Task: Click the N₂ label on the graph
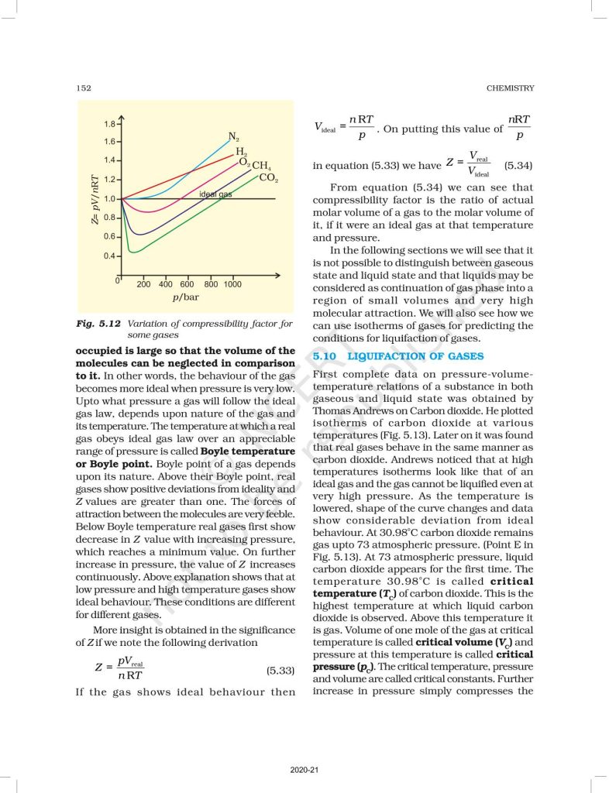pos(232,137)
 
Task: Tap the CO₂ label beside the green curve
pos(268,178)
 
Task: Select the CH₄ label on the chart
pos(261,166)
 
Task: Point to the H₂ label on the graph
pos(241,151)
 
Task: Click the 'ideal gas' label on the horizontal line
pos(215,194)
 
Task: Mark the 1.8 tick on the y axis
pos(109,124)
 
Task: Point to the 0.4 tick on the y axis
pos(109,256)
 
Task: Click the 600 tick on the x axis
pos(188,284)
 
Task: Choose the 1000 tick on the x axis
pos(232,284)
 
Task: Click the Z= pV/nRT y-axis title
pos(94,199)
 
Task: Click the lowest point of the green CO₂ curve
pos(134,252)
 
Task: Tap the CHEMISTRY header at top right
pos(510,88)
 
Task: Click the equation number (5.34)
pos(518,166)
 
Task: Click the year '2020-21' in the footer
pos(304,769)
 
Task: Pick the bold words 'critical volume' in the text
pos(452,643)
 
